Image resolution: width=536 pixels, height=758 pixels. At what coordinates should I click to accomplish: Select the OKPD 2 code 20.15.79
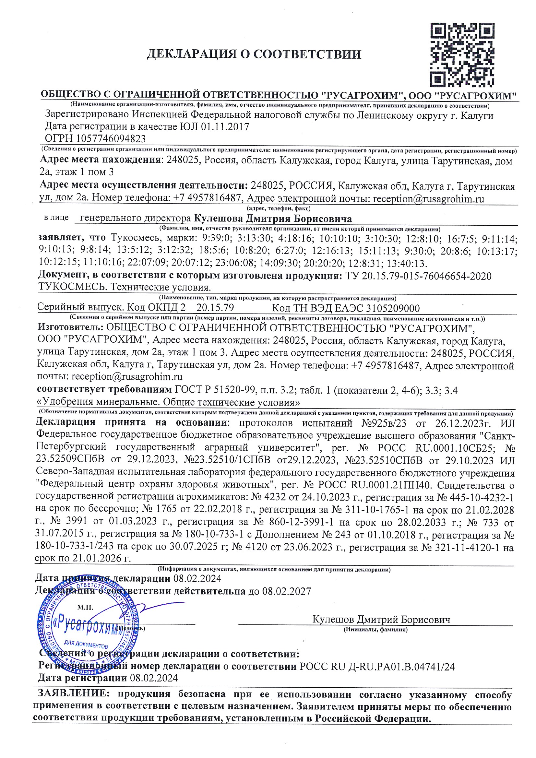(x=215, y=308)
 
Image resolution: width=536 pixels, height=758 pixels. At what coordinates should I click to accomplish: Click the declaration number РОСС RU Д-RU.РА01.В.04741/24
(x=376, y=667)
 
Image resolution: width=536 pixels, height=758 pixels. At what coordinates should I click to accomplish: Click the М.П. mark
(x=85, y=607)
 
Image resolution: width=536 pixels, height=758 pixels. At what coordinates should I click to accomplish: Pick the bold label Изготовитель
(x=70, y=327)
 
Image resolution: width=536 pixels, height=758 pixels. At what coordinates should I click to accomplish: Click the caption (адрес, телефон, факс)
(x=279, y=208)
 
